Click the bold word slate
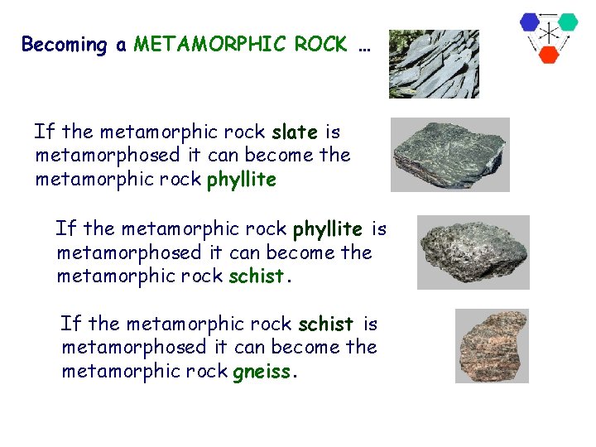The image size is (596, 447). point(294,132)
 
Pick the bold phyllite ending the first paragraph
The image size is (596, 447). point(241,180)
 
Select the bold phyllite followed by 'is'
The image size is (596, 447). point(327,228)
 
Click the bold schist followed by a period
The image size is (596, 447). point(257,276)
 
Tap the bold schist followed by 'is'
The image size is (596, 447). point(325,324)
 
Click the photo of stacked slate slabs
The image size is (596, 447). point(434,65)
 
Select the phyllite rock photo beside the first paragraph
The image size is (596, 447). point(449,155)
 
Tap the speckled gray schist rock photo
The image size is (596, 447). point(473,252)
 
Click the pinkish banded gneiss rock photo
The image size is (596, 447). point(492,346)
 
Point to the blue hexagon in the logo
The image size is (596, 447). point(530,22)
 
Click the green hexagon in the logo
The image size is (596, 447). point(567,22)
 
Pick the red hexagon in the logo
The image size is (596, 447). point(548,54)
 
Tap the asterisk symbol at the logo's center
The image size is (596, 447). point(548,34)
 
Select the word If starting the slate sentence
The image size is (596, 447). point(44,132)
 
